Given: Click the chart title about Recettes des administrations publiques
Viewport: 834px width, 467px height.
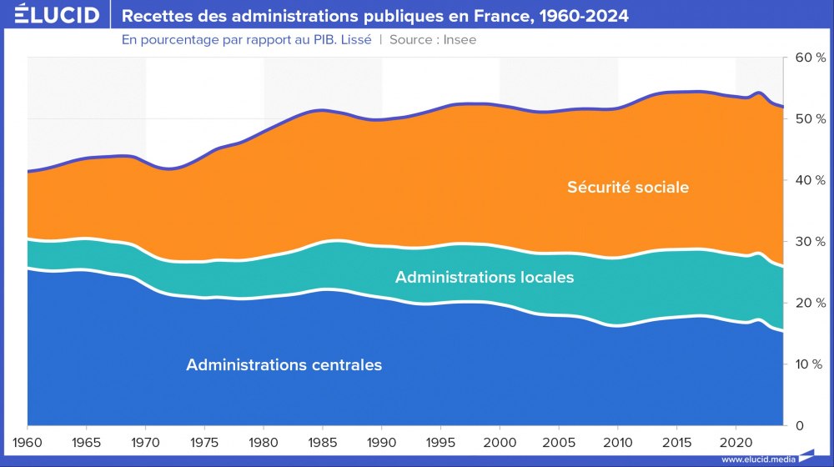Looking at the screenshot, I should (x=375, y=16).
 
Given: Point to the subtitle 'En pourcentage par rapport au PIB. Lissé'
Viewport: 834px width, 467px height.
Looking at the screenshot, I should (x=246, y=39).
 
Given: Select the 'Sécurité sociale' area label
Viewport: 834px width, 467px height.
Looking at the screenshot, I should (x=628, y=188).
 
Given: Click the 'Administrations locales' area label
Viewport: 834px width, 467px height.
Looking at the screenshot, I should (x=485, y=277).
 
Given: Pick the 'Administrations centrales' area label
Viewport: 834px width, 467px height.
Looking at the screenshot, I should (x=284, y=365).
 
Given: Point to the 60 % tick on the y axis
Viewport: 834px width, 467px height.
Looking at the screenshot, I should (x=809, y=58).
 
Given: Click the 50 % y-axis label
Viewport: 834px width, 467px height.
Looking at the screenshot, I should (x=809, y=119).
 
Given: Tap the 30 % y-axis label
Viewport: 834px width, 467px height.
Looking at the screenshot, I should (x=809, y=242).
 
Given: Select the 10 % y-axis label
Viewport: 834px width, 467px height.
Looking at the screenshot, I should (x=809, y=364).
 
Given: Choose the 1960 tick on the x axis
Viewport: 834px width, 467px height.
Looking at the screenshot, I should (x=28, y=439).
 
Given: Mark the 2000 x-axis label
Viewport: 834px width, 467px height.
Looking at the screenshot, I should (x=500, y=439).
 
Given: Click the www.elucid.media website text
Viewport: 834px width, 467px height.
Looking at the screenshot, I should (x=757, y=459).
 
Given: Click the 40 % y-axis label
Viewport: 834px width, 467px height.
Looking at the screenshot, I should (x=809, y=180).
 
